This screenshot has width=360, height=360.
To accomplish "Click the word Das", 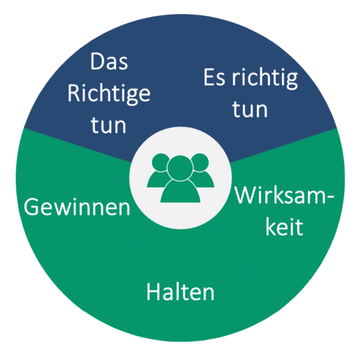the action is (109, 61).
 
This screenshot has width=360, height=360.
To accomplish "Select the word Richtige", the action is (109, 94).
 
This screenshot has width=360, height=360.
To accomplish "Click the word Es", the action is (214, 77).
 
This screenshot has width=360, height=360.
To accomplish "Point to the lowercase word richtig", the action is (265, 79).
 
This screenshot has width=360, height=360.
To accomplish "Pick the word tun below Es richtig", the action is (250, 109).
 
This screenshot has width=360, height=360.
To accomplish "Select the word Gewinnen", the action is (77, 207).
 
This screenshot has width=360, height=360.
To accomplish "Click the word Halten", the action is (181, 291).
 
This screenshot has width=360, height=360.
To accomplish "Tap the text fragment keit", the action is (284, 227).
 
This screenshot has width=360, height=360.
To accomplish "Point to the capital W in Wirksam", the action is (246, 195).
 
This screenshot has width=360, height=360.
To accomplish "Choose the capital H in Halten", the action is (153, 291).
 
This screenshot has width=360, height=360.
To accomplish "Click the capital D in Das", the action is (97, 61).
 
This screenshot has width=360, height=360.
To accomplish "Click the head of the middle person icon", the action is (180, 168).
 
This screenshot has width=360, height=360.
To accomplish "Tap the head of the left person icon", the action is (160, 162).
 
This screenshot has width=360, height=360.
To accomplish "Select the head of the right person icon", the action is (201, 162).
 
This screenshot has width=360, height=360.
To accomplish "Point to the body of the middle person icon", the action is (180, 192).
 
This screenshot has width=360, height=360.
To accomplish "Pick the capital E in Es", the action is (209, 77).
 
